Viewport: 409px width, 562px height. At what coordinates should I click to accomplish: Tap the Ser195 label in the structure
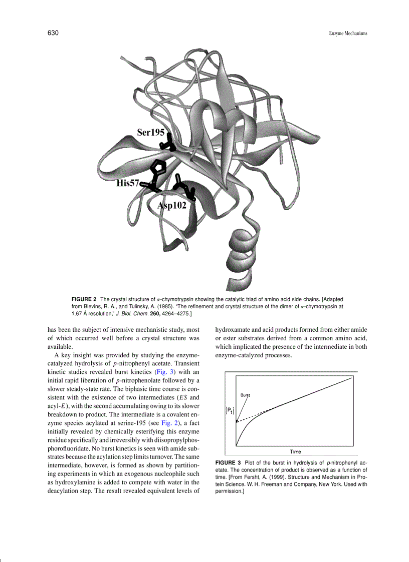[x=151, y=132]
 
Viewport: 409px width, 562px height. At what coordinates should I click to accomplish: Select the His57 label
[x=128, y=183]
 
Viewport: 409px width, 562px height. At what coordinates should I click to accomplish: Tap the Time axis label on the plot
[x=295, y=451]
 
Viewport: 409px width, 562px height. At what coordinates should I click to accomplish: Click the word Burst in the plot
[x=246, y=395]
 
